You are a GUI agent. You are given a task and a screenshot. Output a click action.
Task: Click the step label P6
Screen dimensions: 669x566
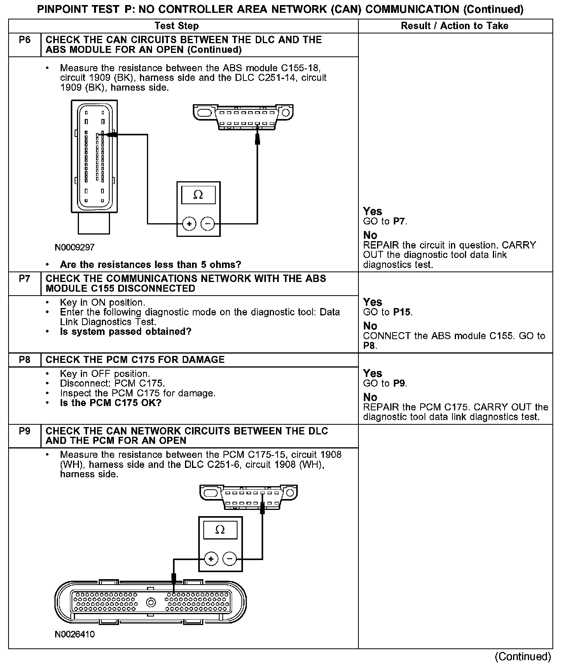pyautogui.click(x=24, y=40)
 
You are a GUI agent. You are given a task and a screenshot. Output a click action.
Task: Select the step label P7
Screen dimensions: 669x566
pyautogui.click(x=24, y=279)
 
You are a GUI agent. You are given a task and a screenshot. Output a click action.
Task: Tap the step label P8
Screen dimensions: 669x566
pyautogui.click(x=24, y=360)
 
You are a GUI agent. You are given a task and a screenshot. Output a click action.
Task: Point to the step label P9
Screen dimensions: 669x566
pyautogui.click(x=24, y=431)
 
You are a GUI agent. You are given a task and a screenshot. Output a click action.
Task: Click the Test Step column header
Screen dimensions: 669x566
pyautogui.click(x=176, y=26)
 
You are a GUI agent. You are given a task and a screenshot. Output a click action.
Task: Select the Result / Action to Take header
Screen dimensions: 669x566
pyautogui.click(x=454, y=26)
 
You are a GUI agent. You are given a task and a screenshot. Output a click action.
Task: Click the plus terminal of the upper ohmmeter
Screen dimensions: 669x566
pyautogui.click(x=189, y=224)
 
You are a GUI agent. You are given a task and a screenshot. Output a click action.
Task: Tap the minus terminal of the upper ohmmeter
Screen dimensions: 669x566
pyautogui.click(x=208, y=224)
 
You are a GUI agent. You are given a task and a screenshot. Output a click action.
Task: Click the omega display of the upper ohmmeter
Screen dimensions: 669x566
pyautogui.click(x=198, y=194)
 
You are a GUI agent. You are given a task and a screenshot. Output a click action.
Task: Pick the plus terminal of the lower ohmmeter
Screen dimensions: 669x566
pyautogui.click(x=211, y=559)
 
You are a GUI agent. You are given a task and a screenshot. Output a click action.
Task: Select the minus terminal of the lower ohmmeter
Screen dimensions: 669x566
pyautogui.click(x=229, y=559)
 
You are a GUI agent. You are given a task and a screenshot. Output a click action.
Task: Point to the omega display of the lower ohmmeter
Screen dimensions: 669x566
pyautogui.click(x=220, y=530)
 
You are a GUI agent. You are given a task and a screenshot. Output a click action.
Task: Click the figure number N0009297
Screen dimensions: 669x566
pyautogui.click(x=75, y=247)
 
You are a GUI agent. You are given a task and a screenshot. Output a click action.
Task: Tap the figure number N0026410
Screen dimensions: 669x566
pyautogui.click(x=75, y=634)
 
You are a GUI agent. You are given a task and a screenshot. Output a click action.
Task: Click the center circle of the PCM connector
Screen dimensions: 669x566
pyautogui.click(x=151, y=602)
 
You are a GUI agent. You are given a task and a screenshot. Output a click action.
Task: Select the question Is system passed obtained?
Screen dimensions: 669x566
pyautogui.click(x=126, y=332)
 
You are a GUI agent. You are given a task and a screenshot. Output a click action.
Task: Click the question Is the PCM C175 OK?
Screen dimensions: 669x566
pyautogui.click(x=110, y=403)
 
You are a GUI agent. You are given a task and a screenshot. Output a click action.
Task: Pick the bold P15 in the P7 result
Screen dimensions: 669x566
pyautogui.click(x=402, y=312)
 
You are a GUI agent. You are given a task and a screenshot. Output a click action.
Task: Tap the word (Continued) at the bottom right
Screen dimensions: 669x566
pyautogui.click(x=523, y=657)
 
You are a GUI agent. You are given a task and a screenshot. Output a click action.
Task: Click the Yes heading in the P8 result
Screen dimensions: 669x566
pyautogui.click(x=372, y=373)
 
